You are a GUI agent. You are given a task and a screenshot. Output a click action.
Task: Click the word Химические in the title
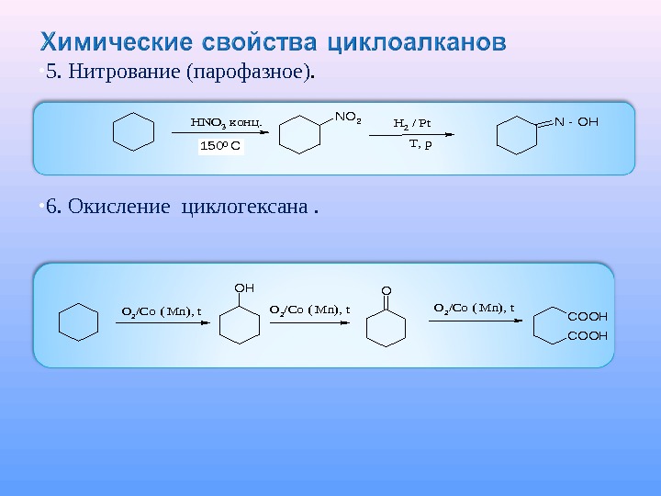click(108, 42)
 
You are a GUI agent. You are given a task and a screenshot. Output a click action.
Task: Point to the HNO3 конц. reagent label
click(226, 120)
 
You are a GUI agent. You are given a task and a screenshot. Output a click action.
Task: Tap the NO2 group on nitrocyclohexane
click(348, 117)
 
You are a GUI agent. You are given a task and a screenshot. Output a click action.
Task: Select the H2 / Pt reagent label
click(412, 122)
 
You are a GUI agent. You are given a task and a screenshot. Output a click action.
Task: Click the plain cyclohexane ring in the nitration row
click(134, 133)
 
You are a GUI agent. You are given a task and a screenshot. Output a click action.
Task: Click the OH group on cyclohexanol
click(244, 287)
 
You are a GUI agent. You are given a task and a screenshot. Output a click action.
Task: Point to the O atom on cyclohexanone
click(386, 291)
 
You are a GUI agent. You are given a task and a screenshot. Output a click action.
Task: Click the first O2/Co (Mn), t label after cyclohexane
click(162, 310)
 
